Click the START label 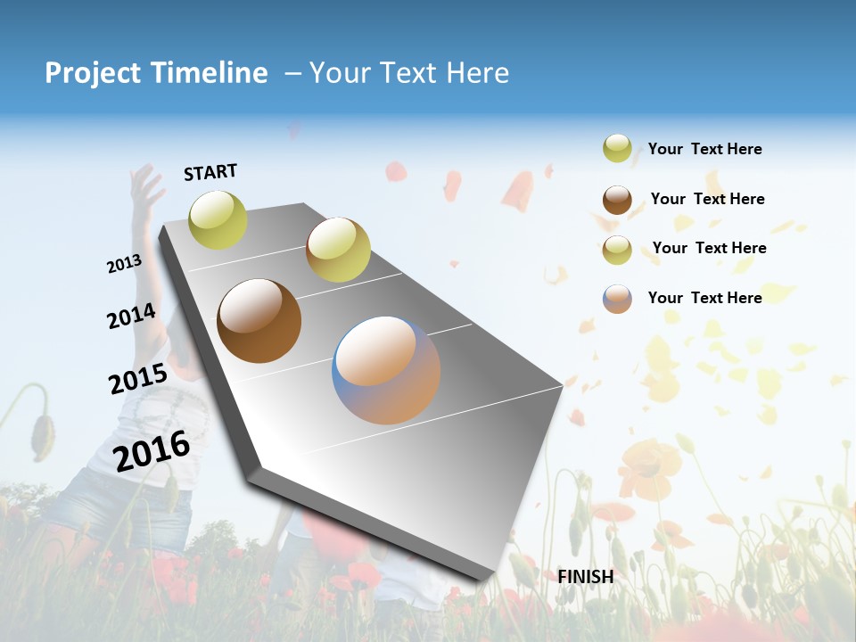coord(210,172)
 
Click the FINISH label coord(586,577)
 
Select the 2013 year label coord(124,264)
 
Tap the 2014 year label coord(132,317)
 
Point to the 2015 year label coord(138,379)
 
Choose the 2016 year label coord(152,451)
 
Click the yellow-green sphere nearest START coord(218,219)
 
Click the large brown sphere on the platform coord(259,321)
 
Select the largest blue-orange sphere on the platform coord(386,370)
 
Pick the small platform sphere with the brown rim coord(338,250)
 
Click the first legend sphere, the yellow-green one coord(617,149)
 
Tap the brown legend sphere coord(617,200)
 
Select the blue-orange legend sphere coord(617,299)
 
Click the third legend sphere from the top coord(617,250)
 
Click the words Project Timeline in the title coord(156,73)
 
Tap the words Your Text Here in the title coord(409,73)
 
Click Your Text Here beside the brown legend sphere coord(707,199)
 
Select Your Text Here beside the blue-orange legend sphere coord(704,298)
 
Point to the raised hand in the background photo coord(144,186)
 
